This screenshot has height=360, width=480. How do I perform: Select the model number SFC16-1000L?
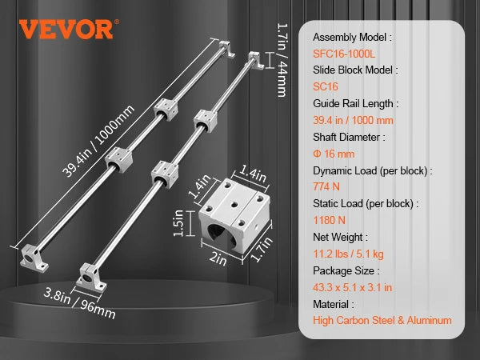click(344, 54)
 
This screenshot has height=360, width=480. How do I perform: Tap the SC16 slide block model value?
click(326, 86)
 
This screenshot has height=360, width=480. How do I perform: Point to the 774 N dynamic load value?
click(326, 186)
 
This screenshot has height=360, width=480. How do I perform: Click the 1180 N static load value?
click(330, 220)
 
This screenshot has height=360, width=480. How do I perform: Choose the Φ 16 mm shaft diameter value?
click(334, 154)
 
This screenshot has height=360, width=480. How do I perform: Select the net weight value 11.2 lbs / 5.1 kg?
click(348, 254)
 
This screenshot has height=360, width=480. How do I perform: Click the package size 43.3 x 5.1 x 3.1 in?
click(352, 287)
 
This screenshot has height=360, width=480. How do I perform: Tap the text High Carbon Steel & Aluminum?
click(382, 321)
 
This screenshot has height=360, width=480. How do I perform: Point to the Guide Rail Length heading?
click(356, 103)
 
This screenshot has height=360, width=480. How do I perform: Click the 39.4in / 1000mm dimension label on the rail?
click(98, 142)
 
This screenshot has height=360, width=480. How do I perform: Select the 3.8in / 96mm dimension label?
click(79, 303)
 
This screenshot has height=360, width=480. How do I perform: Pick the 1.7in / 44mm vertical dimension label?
click(282, 60)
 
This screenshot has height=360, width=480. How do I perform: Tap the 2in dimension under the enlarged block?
click(218, 259)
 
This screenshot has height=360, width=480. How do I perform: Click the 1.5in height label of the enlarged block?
click(178, 223)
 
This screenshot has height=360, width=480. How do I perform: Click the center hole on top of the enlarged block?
click(234, 204)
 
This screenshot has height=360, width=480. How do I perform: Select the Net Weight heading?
click(341, 237)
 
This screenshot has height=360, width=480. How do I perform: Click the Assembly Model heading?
click(352, 38)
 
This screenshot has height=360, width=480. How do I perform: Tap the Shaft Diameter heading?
click(349, 137)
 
